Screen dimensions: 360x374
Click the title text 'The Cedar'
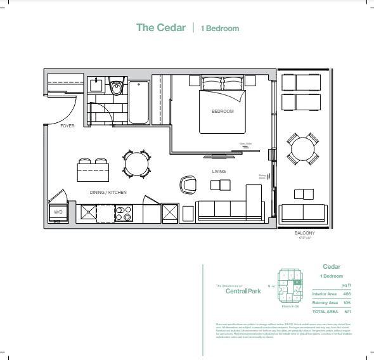161,28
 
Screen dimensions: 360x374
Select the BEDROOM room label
222,112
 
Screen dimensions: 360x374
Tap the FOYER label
67,126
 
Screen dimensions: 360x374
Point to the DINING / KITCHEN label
108,192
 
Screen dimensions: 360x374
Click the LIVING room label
219,171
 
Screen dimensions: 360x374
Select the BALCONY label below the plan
304,233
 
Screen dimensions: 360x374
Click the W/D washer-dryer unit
58,212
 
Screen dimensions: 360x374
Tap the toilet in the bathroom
116,87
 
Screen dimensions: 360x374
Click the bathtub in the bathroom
139,102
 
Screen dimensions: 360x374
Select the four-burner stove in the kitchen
124,213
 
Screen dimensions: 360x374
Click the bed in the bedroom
222,110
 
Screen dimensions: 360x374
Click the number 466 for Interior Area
346,294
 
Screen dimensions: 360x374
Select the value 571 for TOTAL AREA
346,311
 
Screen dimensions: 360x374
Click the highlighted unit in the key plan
297,281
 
